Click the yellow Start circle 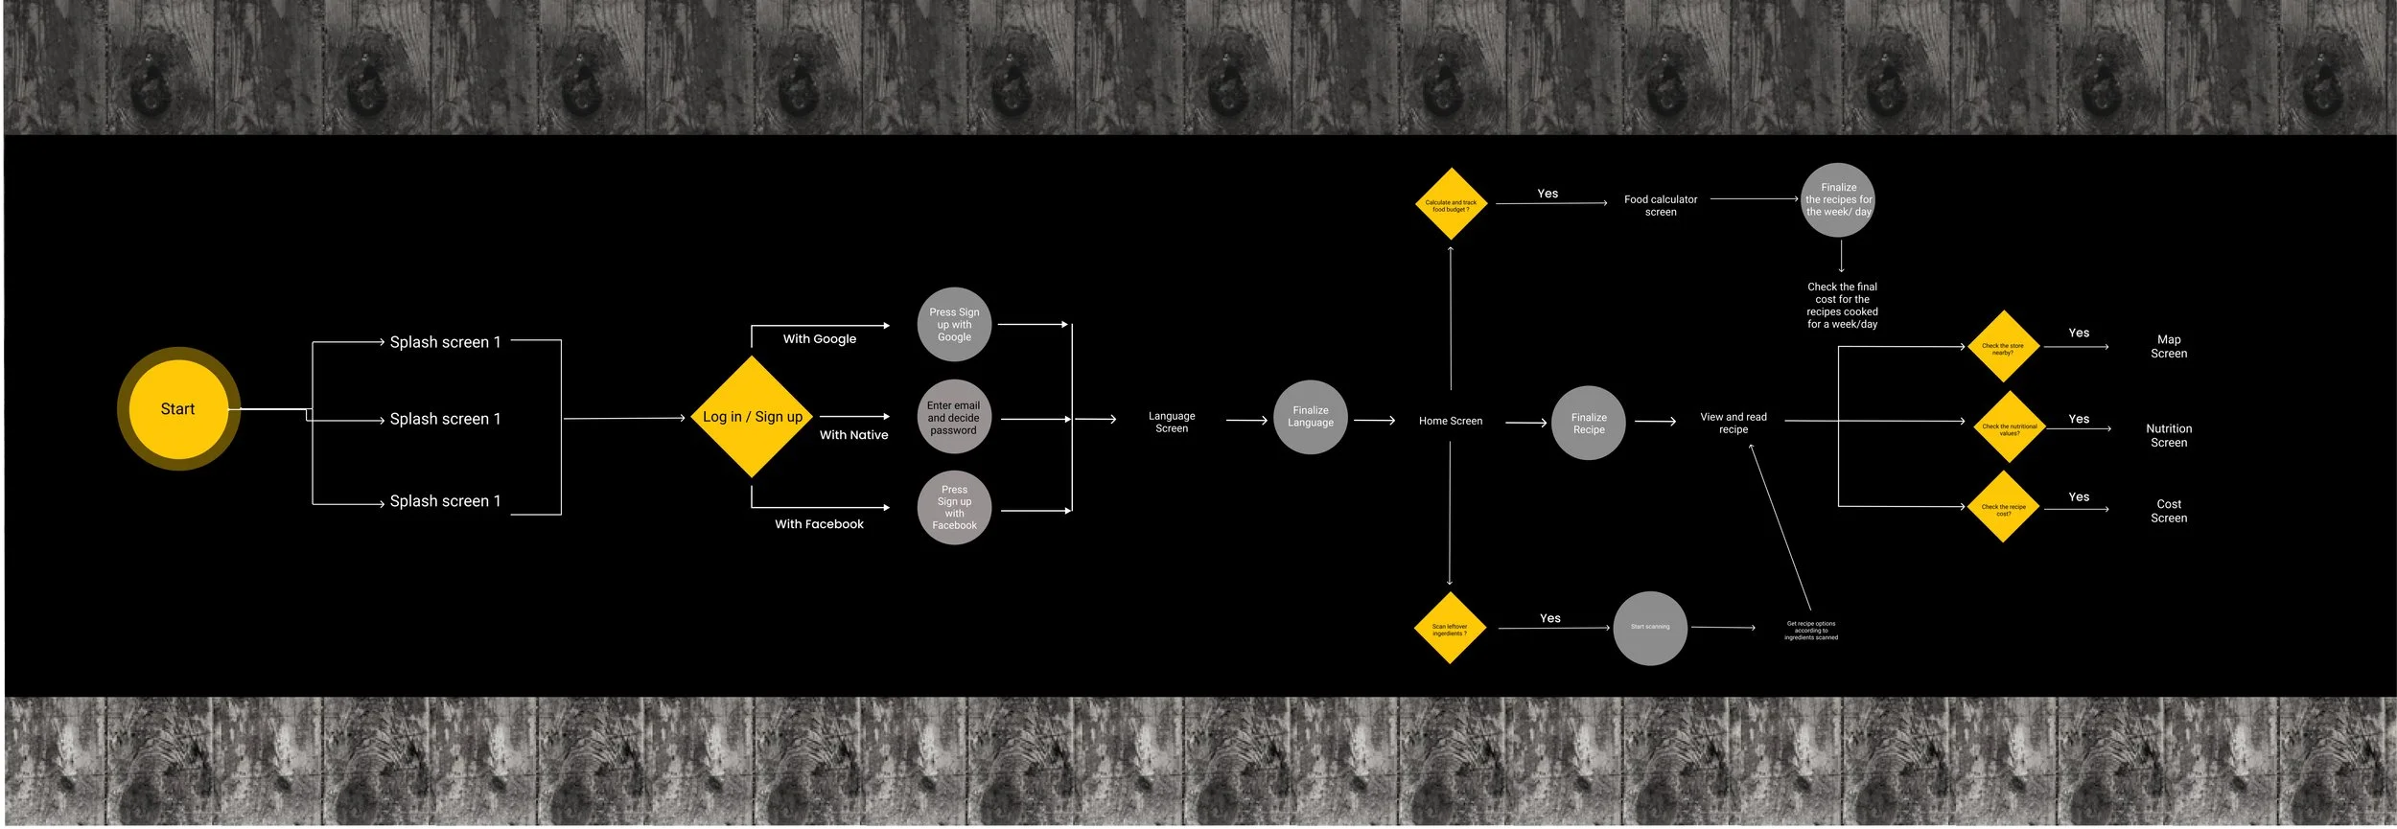(x=178, y=409)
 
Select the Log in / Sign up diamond (x=753, y=417)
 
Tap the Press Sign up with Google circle (x=954, y=324)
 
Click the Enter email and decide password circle (x=953, y=418)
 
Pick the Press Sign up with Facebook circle (x=954, y=508)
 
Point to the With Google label (x=820, y=339)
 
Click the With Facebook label (x=820, y=524)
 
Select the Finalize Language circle (x=1311, y=417)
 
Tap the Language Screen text (x=1172, y=423)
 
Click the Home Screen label (x=1451, y=422)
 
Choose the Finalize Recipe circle (x=1589, y=424)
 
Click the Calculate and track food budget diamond (x=1452, y=204)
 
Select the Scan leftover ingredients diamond (x=1450, y=629)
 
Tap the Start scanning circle (x=1650, y=628)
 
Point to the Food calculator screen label (x=1661, y=206)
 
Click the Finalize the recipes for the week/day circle (x=1838, y=200)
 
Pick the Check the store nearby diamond (x=2003, y=347)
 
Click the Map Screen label (x=2169, y=347)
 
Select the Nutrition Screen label (x=2169, y=436)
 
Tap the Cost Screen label (x=2169, y=512)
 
